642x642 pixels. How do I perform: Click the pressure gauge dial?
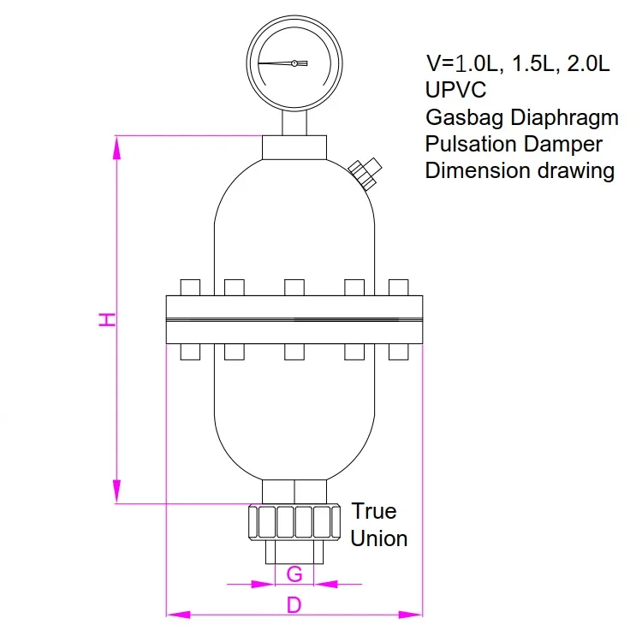point(294,63)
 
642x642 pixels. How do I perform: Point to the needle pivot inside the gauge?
point(294,63)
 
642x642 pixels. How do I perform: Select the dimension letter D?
point(294,604)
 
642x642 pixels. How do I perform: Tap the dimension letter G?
point(294,574)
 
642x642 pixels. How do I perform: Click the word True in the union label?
point(374,511)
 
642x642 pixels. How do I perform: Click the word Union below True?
point(379,538)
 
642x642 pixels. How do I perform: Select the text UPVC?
point(455,90)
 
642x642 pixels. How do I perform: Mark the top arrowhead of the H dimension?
point(118,147)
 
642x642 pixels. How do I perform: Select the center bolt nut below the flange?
point(294,352)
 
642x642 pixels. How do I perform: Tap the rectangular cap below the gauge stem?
point(294,146)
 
